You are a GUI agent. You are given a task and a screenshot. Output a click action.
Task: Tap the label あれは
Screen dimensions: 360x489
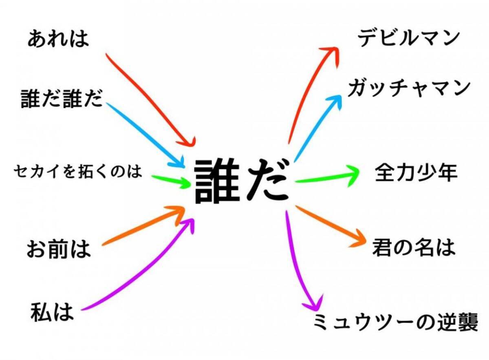click(x=58, y=40)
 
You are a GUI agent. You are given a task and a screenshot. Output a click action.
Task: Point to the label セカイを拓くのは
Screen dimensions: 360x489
click(x=78, y=171)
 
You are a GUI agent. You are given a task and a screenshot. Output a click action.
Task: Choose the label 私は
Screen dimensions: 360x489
click(x=52, y=312)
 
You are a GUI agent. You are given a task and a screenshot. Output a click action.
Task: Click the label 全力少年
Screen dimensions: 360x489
click(x=416, y=173)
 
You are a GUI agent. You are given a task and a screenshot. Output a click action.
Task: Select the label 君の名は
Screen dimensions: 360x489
click(x=414, y=247)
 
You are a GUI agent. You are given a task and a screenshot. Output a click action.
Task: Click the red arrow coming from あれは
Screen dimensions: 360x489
click(x=151, y=100)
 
